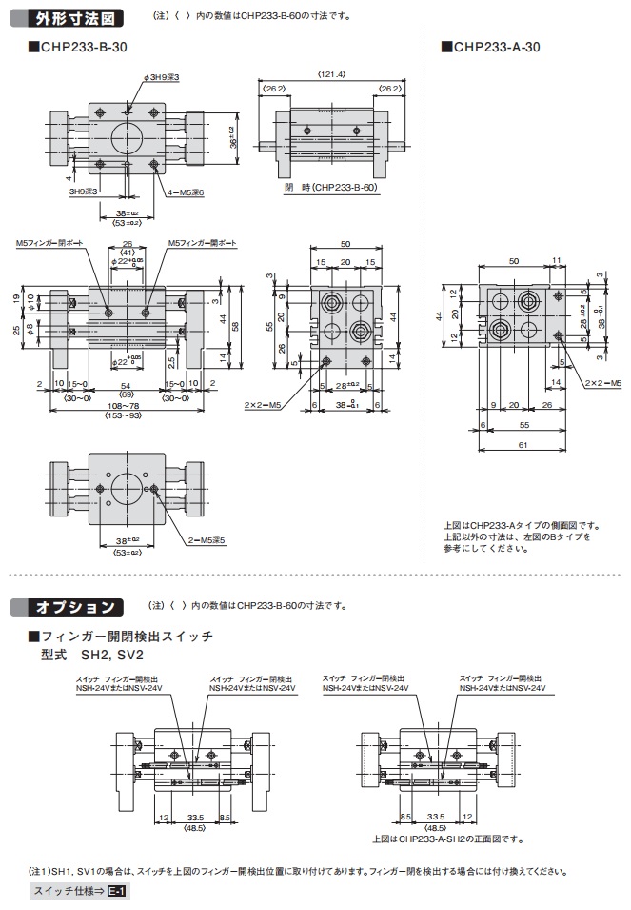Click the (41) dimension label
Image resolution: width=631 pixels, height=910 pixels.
coord(127,253)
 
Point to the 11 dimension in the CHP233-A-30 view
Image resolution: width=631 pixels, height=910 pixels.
coord(557,259)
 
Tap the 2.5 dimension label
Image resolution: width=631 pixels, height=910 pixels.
coord(170,361)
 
